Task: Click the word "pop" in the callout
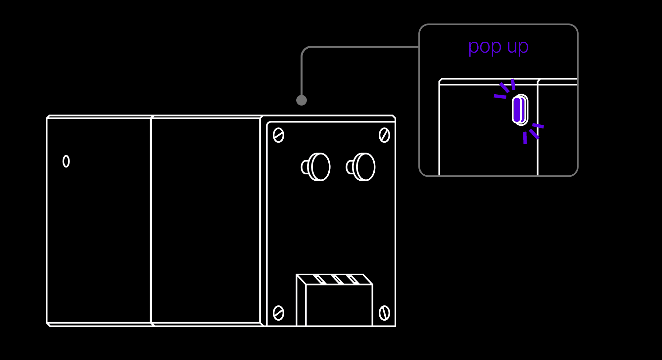[x=485, y=47]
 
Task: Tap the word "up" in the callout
[x=518, y=47]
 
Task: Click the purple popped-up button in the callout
[x=517, y=110]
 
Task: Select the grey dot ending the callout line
[x=302, y=100]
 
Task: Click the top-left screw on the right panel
[x=278, y=135]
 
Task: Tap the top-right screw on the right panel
[x=384, y=135]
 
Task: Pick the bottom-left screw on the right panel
[x=278, y=313]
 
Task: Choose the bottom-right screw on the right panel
[x=384, y=313]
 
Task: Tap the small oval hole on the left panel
[x=66, y=161]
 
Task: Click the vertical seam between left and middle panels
[x=151, y=220]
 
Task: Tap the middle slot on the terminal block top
[x=338, y=279]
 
